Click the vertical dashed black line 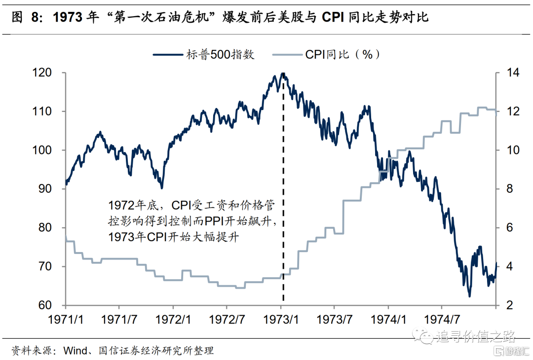coord(283,197)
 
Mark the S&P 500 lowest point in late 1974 coord(469,296)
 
